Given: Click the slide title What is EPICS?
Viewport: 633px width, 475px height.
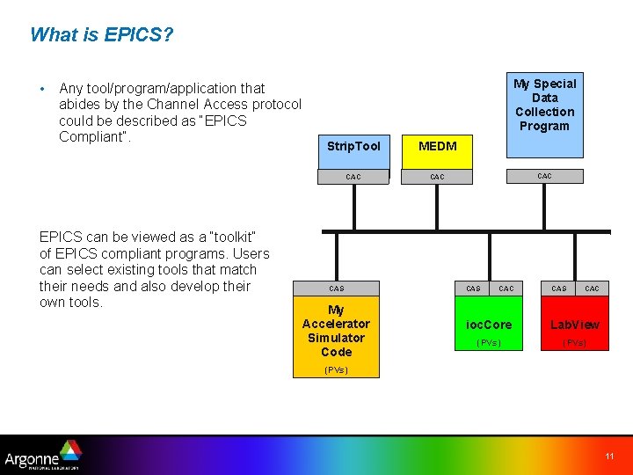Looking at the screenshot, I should click(101, 35).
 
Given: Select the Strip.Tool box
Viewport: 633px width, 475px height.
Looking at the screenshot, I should click(353, 146).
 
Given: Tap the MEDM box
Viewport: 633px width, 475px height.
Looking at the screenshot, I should click(437, 146).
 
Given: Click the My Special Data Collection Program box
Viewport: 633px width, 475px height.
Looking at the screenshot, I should click(544, 105).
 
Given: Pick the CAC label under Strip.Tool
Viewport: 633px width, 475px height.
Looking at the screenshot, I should click(353, 177).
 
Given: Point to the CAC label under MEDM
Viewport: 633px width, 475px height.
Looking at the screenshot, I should click(437, 177).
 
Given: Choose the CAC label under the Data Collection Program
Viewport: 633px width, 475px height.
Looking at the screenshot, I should click(544, 176).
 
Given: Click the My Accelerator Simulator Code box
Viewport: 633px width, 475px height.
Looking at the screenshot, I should click(336, 331).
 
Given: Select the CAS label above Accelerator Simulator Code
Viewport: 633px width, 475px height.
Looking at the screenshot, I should click(337, 289).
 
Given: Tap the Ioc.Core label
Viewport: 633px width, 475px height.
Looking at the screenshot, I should click(489, 325).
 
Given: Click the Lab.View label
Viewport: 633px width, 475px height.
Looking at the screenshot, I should click(575, 325).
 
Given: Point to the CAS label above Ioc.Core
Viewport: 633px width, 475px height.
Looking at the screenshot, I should click(473, 289).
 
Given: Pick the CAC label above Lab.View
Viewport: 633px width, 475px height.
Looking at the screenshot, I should click(593, 289).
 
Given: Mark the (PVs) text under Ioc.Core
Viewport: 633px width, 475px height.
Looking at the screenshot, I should click(489, 342).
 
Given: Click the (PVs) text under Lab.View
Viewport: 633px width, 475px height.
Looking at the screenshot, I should click(575, 342).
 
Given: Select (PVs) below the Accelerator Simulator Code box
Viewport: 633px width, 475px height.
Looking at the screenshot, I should click(336, 369).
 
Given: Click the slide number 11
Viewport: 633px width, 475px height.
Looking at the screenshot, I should click(609, 456).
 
